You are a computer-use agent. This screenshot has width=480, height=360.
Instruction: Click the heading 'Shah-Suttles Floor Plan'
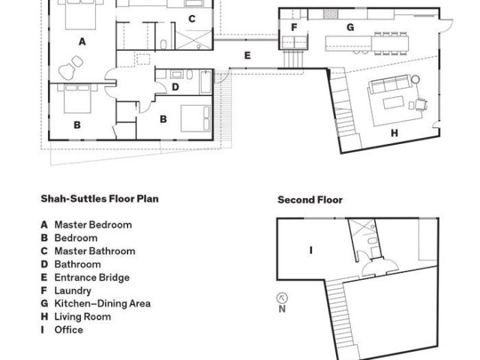point(99,199)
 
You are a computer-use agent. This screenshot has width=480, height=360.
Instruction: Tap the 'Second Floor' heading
point(310,200)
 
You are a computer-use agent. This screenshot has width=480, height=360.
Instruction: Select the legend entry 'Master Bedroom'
point(92,225)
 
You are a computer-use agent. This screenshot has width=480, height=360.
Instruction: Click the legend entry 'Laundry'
point(73,290)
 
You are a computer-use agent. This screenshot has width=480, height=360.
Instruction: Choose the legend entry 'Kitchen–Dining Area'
point(102,304)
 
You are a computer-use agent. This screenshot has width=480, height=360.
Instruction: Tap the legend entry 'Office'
point(68,330)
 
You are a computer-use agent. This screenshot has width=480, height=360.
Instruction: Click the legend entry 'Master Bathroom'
point(94,251)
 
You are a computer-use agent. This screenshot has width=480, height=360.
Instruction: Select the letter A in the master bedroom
point(82,42)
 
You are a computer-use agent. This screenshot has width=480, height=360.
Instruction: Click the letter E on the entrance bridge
point(247,55)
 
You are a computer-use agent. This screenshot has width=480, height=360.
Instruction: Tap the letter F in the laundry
point(295,27)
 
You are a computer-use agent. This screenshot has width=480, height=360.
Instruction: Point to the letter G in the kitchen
point(349,27)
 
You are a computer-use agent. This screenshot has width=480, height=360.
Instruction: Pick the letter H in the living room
point(393,133)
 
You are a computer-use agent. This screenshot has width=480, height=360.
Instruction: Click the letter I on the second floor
point(310,250)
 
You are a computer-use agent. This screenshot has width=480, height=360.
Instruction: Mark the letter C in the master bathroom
point(191,19)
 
